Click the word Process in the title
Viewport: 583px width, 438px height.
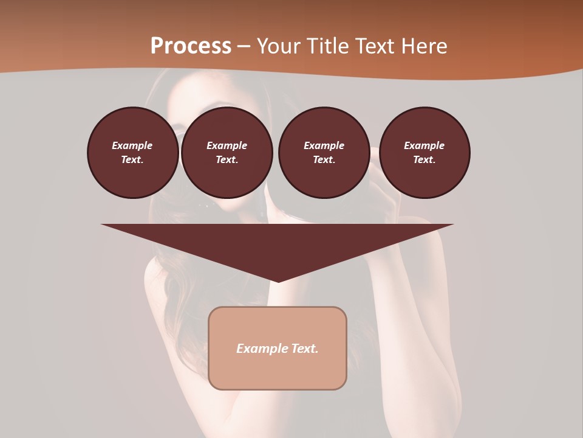pyautogui.click(x=191, y=46)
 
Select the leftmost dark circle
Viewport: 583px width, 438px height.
pyautogui.click(x=132, y=153)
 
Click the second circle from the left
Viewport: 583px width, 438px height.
pyautogui.click(x=227, y=153)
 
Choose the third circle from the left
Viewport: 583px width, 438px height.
pyautogui.click(x=324, y=153)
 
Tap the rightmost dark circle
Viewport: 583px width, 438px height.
pyautogui.click(x=424, y=153)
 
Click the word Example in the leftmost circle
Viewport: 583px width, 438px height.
pyautogui.click(x=132, y=145)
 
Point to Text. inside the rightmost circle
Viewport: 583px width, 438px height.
pyautogui.click(x=424, y=160)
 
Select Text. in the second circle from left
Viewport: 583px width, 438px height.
pyautogui.click(x=227, y=160)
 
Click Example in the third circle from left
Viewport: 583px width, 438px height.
pyautogui.click(x=324, y=145)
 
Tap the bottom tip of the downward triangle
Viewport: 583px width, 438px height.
pyautogui.click(x=278, y=280)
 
